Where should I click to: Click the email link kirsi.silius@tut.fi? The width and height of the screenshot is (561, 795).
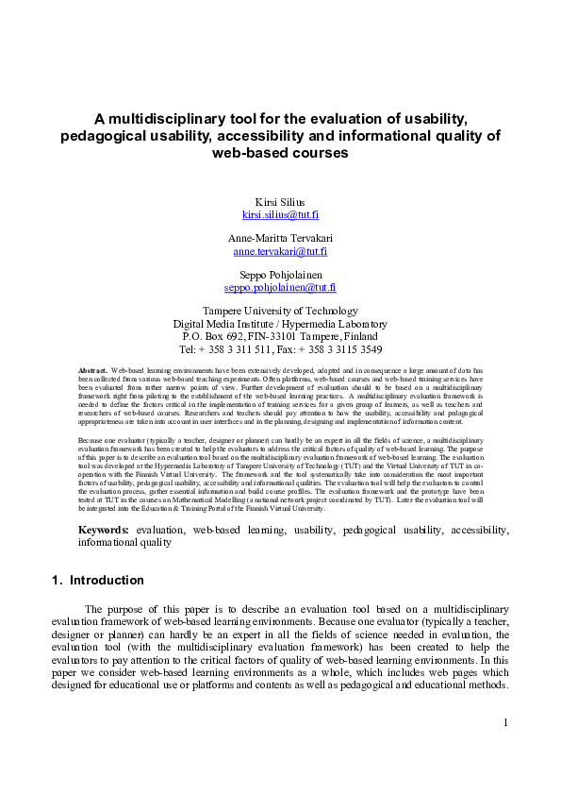click(280, 215)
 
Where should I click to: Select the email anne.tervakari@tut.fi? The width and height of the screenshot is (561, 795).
click(280, 251)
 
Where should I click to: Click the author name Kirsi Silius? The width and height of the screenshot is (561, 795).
click(280, 202)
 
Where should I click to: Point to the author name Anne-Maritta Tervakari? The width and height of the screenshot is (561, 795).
click(280, 238)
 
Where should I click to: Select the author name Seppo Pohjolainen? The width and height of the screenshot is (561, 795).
click(280, 273)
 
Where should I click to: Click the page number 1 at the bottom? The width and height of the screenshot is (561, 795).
click(505, 722)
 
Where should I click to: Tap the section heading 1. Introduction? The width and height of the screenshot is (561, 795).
click(97, 581)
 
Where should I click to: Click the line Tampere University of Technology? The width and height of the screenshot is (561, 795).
click(280, 311)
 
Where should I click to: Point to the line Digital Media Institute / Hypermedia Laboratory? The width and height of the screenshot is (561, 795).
click(280, 323)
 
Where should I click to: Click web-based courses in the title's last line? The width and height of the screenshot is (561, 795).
click(280, 153)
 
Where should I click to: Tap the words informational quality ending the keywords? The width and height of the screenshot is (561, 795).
click(124, 543)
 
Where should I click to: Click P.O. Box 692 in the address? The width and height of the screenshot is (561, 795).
click(210, 335)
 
